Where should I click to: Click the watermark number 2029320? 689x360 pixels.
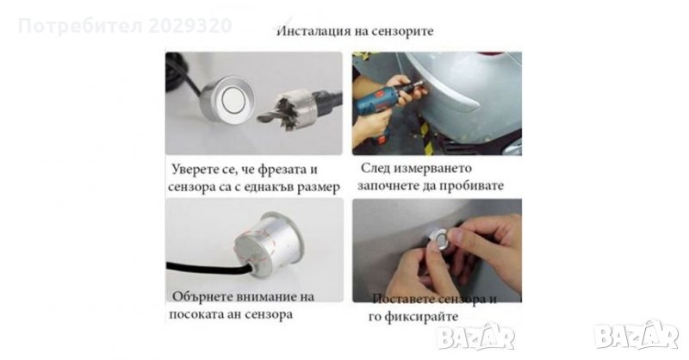pos(189,26)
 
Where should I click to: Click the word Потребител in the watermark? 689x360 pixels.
pos(80,26)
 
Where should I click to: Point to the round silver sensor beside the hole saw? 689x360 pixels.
pos(227,99)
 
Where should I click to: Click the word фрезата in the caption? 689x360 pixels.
pos(282,171)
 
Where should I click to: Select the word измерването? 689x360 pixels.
pos(433,168)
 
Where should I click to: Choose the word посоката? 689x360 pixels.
pos(195,314)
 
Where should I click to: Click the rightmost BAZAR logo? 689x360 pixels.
pos(636,336)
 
